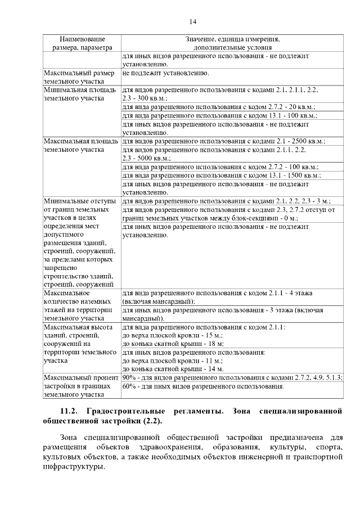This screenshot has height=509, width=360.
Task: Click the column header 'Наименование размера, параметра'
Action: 82,44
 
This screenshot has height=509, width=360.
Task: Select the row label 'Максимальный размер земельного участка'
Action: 80,77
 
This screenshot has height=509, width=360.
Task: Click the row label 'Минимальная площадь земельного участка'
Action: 80,93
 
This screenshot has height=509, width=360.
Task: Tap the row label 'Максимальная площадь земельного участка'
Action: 80,145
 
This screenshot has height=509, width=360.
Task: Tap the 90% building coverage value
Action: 128,378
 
